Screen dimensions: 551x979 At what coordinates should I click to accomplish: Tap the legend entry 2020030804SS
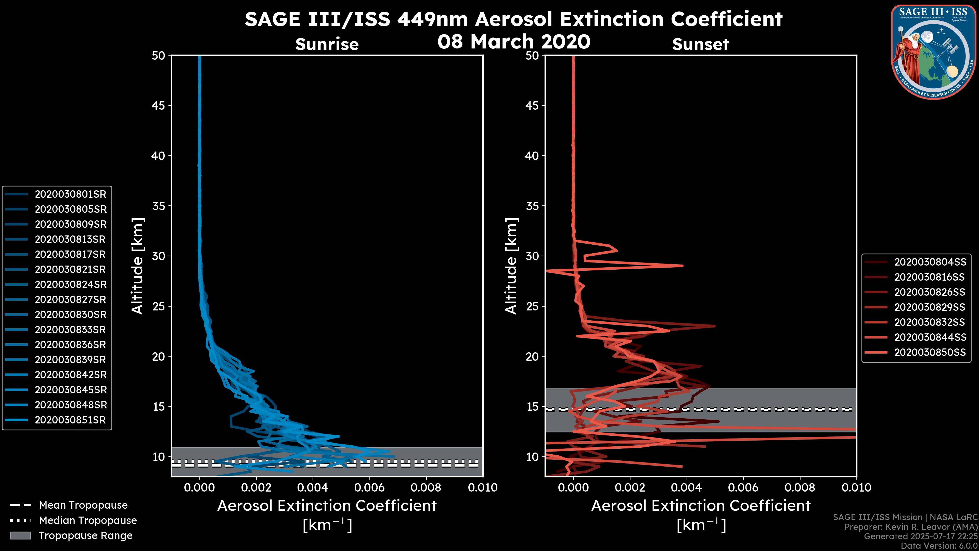pyautogui.click(x=930, y=262)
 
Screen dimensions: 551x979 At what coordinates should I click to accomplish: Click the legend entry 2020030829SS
pyautogui.click(x=930, y=307)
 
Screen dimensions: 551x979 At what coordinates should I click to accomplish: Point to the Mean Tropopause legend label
pyautogui.click(x=83, y=505)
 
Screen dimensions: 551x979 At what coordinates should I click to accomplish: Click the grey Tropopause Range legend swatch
pyautogui.click(x=20, y=536)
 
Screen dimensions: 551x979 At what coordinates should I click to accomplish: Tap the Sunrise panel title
pyautogui.click(x=327, y=44)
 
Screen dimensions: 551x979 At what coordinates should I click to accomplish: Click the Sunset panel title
pyautogui.click(x=700, y=44)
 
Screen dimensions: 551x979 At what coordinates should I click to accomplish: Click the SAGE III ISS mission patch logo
pyautogui.click(x=933, y=51)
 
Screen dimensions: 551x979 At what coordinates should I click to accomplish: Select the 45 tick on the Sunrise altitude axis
pyautogui.click(x=159, y=106)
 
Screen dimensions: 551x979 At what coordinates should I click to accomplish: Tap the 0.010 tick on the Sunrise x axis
pyautogui.click(x=482, y=487)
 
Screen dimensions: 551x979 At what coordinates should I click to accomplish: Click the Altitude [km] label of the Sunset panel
pyautogui.click(x=511, y=266)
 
